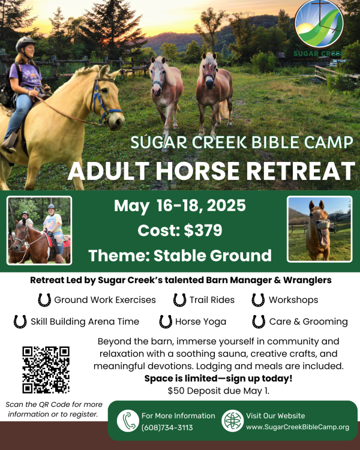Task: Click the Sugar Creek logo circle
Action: (x=320, y=24)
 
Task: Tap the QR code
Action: (x=46, y=370)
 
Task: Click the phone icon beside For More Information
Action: (x=128, y=421)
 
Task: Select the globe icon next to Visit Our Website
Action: (x=232, y=421)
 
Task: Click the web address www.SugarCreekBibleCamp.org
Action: (x=298, y=427)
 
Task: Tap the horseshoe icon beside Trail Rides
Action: (x=179, y=299)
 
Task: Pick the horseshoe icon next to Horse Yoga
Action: (x=166, y=322)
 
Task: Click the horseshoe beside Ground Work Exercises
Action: (x=44, y=299)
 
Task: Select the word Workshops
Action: (x=293, y=299)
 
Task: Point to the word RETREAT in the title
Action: (x=293, y=170)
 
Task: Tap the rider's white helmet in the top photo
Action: (x=26, y=43)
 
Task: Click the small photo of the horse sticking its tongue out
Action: (x=319, y=229)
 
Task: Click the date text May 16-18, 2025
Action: (x=179, y=206)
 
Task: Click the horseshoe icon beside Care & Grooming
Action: (x=259, y=322)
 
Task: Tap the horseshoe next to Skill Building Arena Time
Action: (x=20, y=322)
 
